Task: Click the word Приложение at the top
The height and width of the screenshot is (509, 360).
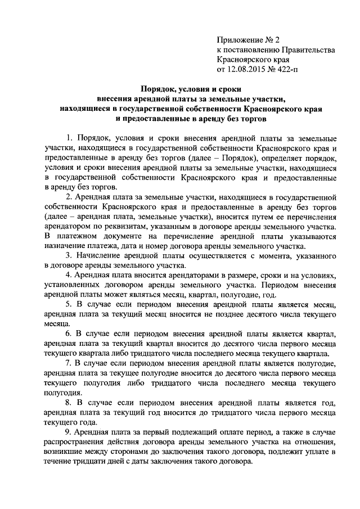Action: pyautogui.click(x=240, y=39)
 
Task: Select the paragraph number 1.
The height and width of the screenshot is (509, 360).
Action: pyautogui.click(x=69, y=138)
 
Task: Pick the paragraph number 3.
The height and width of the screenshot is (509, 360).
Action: pyautogui.click(x=69, y=256)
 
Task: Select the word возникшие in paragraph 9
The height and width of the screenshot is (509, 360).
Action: pyautogui.click(x=65, y=452)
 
